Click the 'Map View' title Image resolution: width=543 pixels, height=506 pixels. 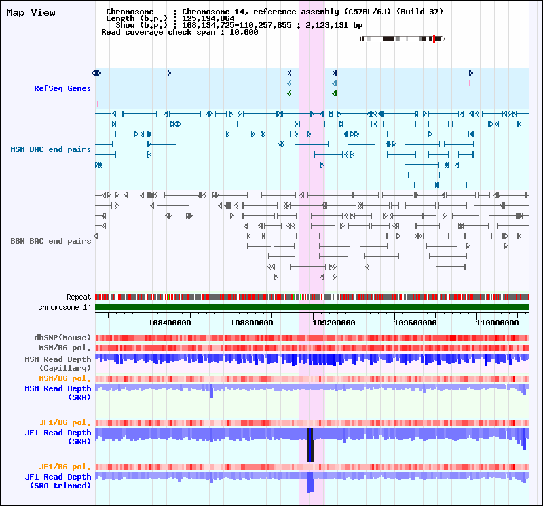31,12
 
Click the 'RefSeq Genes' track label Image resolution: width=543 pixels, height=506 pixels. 62,88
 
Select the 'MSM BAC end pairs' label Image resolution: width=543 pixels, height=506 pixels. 51,149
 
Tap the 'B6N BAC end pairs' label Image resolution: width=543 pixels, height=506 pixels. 51,241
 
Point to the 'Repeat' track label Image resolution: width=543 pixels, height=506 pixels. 79,297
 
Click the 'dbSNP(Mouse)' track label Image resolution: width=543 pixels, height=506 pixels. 62,338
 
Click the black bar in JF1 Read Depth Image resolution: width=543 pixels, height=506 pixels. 310,445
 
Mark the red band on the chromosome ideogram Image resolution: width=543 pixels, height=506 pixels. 434,39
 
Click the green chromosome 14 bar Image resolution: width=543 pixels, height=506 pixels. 312,308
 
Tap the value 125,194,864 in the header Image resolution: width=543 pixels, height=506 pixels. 209,18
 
